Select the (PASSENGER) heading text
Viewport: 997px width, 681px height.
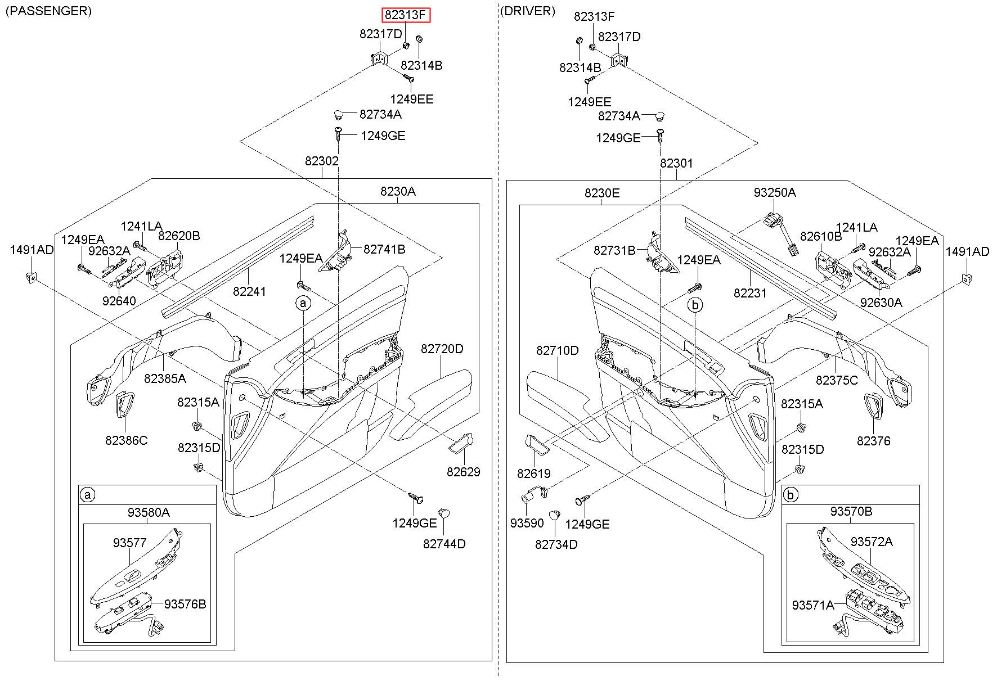click(48, 11)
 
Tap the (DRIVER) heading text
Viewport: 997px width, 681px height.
click(527, 11)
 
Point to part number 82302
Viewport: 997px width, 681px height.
click(322, 161)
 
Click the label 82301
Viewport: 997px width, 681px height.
click(676, 163)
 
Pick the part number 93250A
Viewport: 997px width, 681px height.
click(775, 193)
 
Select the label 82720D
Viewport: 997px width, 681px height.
click(442, 349)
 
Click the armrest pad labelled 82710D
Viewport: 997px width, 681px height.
click(557, 394)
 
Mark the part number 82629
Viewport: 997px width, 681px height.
click(464, 472)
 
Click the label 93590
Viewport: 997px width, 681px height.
click(527, 524)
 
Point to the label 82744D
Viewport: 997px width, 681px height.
click(444, 544)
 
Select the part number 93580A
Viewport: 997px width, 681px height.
click(149, 513)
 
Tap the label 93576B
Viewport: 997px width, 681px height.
click(185, 605)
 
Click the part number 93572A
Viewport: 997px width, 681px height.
click(872, 542)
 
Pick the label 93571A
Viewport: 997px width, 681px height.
click(813, 606)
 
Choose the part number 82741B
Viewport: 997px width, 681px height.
click(384, 249)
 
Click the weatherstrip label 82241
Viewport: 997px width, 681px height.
click(250, 292)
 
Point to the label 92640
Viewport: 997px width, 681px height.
click(119, 301)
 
